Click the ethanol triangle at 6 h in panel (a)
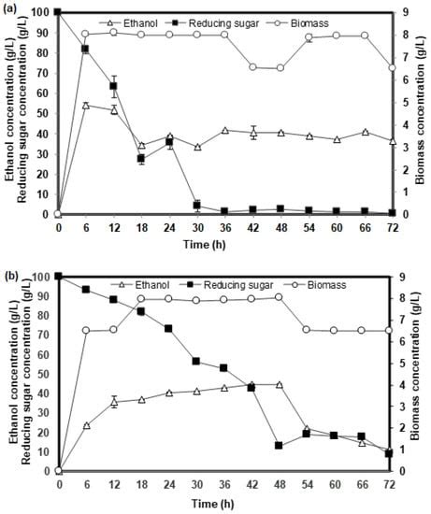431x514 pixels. point(86,106)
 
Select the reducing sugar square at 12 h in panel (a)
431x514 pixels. point(113,86)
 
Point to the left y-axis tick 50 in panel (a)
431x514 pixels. point(45,113)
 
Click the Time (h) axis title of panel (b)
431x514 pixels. point(224,502)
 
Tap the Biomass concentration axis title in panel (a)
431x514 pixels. point(421,112)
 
